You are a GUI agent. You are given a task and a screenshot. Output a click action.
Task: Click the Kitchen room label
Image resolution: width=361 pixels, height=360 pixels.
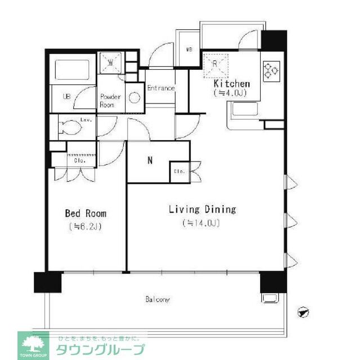(x=231, y=84)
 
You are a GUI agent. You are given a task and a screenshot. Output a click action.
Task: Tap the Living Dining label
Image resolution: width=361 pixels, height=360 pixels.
(x=202, y=209)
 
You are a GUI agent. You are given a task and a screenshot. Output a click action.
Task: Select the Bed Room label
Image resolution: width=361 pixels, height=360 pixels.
(x=86, y=214)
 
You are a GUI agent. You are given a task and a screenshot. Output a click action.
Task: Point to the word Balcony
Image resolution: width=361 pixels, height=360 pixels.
(x=157, y=299)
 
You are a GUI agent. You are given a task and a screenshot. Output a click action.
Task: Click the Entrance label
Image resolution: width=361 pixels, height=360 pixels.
(x=161, y=88)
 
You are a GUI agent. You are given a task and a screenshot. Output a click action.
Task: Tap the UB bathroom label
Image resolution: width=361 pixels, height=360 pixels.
(x=66, y=96)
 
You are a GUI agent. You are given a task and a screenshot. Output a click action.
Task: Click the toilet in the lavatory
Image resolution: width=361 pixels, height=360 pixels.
(x=70, y=128)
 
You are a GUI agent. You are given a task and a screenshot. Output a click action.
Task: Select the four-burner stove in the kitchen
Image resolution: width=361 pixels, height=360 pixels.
(x=271, y=70)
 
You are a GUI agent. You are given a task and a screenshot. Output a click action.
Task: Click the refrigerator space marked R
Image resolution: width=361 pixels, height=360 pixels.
(x=216, y=63)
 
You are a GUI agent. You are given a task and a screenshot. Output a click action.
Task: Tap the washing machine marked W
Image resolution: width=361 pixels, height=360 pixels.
(x=111, y=62)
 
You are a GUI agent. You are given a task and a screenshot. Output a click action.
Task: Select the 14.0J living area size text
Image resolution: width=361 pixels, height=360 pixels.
(x=201, y=223)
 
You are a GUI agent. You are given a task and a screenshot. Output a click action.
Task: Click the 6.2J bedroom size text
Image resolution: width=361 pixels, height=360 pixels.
(x=86, y=227)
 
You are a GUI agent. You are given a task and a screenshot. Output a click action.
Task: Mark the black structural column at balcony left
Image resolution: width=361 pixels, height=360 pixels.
(x=47, y=281)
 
